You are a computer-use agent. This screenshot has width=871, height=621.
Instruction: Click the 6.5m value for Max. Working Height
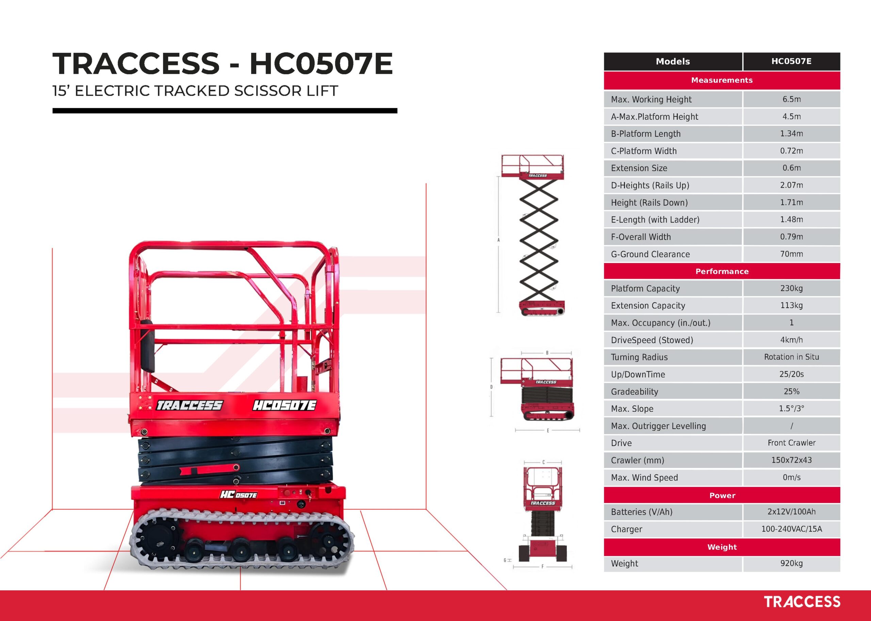791,99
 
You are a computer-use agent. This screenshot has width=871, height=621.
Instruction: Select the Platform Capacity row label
645,288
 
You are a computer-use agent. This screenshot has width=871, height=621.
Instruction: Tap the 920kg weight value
791,563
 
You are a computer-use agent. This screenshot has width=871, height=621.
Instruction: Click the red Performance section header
722,271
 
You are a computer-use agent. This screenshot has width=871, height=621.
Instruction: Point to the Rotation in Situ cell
791,357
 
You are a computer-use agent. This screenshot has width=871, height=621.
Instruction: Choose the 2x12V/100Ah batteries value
791,512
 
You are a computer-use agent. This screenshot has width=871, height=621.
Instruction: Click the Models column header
673,61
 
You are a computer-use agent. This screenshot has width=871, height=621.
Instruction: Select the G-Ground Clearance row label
651,254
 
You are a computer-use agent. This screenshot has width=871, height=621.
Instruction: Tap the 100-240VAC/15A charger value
791,529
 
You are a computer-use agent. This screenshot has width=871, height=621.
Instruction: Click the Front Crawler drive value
791,443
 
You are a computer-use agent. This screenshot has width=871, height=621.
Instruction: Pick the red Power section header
722,495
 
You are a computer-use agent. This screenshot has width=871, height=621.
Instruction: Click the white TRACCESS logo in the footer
802,602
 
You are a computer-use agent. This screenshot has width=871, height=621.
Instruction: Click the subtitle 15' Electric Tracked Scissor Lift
195,91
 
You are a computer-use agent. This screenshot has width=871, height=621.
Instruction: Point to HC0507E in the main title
321,64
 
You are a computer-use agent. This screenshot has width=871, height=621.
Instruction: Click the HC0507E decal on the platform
284,405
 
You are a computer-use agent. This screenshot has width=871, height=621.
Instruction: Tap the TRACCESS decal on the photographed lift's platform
190,405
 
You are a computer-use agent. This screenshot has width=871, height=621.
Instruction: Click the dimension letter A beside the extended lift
498,240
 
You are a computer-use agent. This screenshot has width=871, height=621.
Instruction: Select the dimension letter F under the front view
542,567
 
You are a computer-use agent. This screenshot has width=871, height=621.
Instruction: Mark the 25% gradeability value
791,391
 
